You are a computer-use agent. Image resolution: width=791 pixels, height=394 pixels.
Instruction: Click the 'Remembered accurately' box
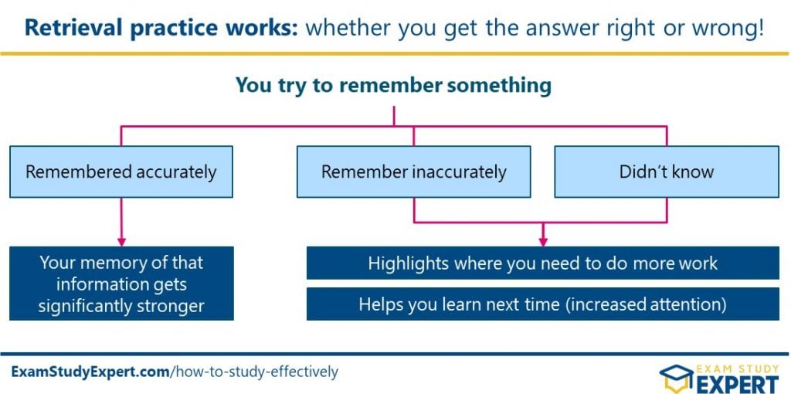tap(121, 172)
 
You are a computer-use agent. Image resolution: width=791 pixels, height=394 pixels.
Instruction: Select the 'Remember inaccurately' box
tap(414, 172)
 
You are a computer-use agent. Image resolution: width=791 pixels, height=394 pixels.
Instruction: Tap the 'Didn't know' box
tap(667, 172)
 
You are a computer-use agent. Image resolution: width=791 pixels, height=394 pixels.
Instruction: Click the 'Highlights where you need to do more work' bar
tap(543, 263)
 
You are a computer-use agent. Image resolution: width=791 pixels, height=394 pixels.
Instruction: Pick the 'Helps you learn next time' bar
tap(543, 304)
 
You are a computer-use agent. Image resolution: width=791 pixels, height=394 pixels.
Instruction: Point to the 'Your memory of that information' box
tap(121, 284)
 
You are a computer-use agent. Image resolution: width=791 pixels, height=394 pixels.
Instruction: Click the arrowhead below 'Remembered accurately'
tap(121, 241)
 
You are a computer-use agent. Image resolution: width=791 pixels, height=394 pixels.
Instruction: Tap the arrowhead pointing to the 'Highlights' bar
tap(543, 241)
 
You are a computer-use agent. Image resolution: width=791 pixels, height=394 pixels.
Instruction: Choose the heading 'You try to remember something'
tap(393, 85)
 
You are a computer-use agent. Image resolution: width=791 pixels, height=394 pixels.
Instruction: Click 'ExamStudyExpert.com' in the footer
tap(90, 372)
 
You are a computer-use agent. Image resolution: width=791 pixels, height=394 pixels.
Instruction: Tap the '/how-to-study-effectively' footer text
tap(254, 372)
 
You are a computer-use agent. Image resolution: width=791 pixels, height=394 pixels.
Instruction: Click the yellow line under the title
tap(393, 53)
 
